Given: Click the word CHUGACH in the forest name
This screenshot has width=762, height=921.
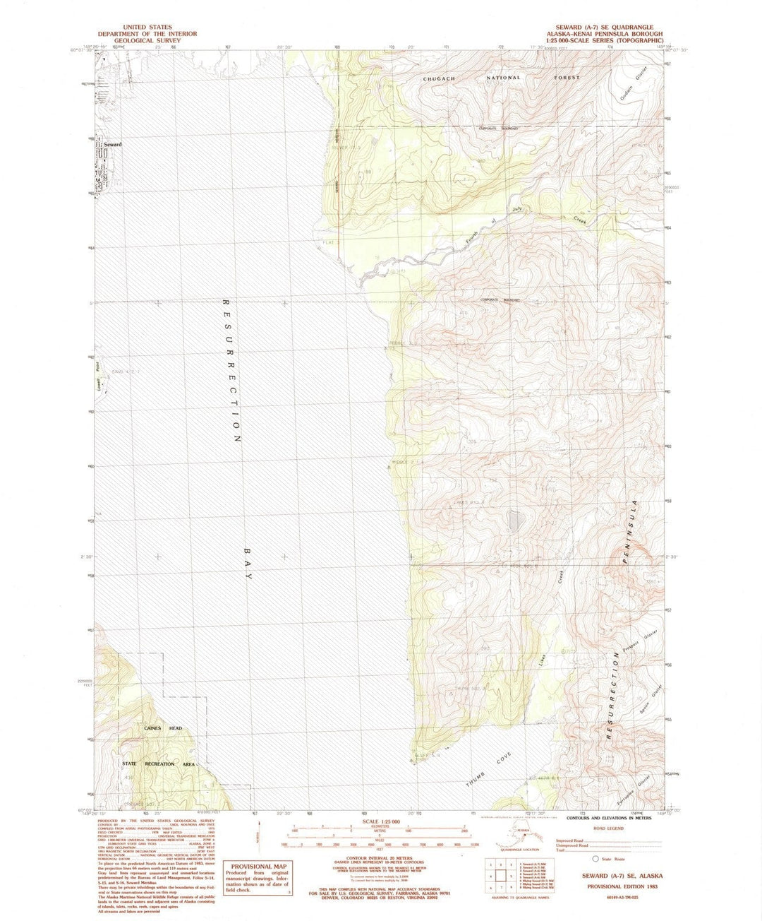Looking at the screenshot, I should (442, 78).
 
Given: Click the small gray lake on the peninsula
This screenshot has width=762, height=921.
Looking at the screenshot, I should (516, 522).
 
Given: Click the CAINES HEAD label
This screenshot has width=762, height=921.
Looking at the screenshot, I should (163, 728).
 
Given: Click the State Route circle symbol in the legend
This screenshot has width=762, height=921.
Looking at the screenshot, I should (596, 859).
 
